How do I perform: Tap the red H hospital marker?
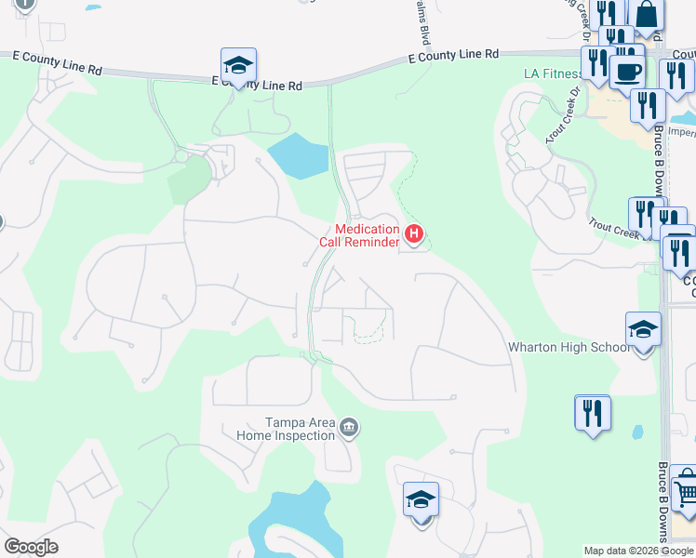(x=415, y=232)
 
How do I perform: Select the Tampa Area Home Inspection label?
(x=286, y=429)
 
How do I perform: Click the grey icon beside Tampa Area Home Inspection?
(x=349, y=428)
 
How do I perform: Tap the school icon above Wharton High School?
(x=643, y=330)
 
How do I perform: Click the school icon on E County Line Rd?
(x=238, y=66)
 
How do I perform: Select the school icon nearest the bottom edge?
(x=421, y=500)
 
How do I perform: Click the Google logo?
(x=31, y=547)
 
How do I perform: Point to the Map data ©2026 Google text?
(x=638, y=551)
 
